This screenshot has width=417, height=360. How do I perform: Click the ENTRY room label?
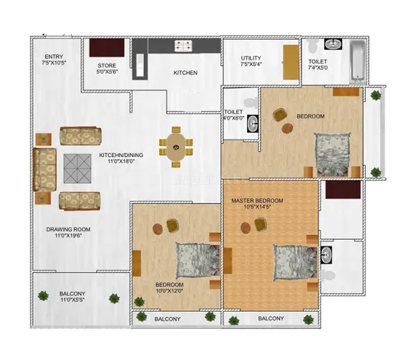pos(54,57)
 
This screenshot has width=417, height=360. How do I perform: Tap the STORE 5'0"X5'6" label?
pos(107,68)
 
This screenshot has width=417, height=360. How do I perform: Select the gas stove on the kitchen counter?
pos(183,45)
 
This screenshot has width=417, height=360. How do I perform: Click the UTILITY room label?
pos(251,58)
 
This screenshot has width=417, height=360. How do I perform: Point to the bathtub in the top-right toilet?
pos(357,61)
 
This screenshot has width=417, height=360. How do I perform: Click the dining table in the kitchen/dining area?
pos(176,147)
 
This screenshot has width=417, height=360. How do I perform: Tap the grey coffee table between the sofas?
pos(77,169)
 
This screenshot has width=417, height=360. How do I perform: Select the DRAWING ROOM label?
pos(68,229)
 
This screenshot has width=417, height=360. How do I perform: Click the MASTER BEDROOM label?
pos(257,201)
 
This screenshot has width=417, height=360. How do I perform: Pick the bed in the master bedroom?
pos(295,263)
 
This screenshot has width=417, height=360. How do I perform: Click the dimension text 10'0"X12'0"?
pos(169,291)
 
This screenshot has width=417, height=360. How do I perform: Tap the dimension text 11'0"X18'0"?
pos(121,161)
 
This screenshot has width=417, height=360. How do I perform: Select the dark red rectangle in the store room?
pos(107,47)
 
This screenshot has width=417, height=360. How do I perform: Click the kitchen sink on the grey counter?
pos(140,65)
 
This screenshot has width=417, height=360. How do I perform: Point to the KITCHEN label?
pos(185,73)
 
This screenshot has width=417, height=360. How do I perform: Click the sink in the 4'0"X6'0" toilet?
pos(252,123)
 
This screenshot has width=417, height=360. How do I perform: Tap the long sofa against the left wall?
pos(44,169)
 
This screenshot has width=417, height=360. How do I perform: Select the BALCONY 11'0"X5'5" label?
pos(73,296)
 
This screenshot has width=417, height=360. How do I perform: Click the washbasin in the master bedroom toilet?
pos(326,255)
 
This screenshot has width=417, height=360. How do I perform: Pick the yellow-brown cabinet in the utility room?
pos(291,62)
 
